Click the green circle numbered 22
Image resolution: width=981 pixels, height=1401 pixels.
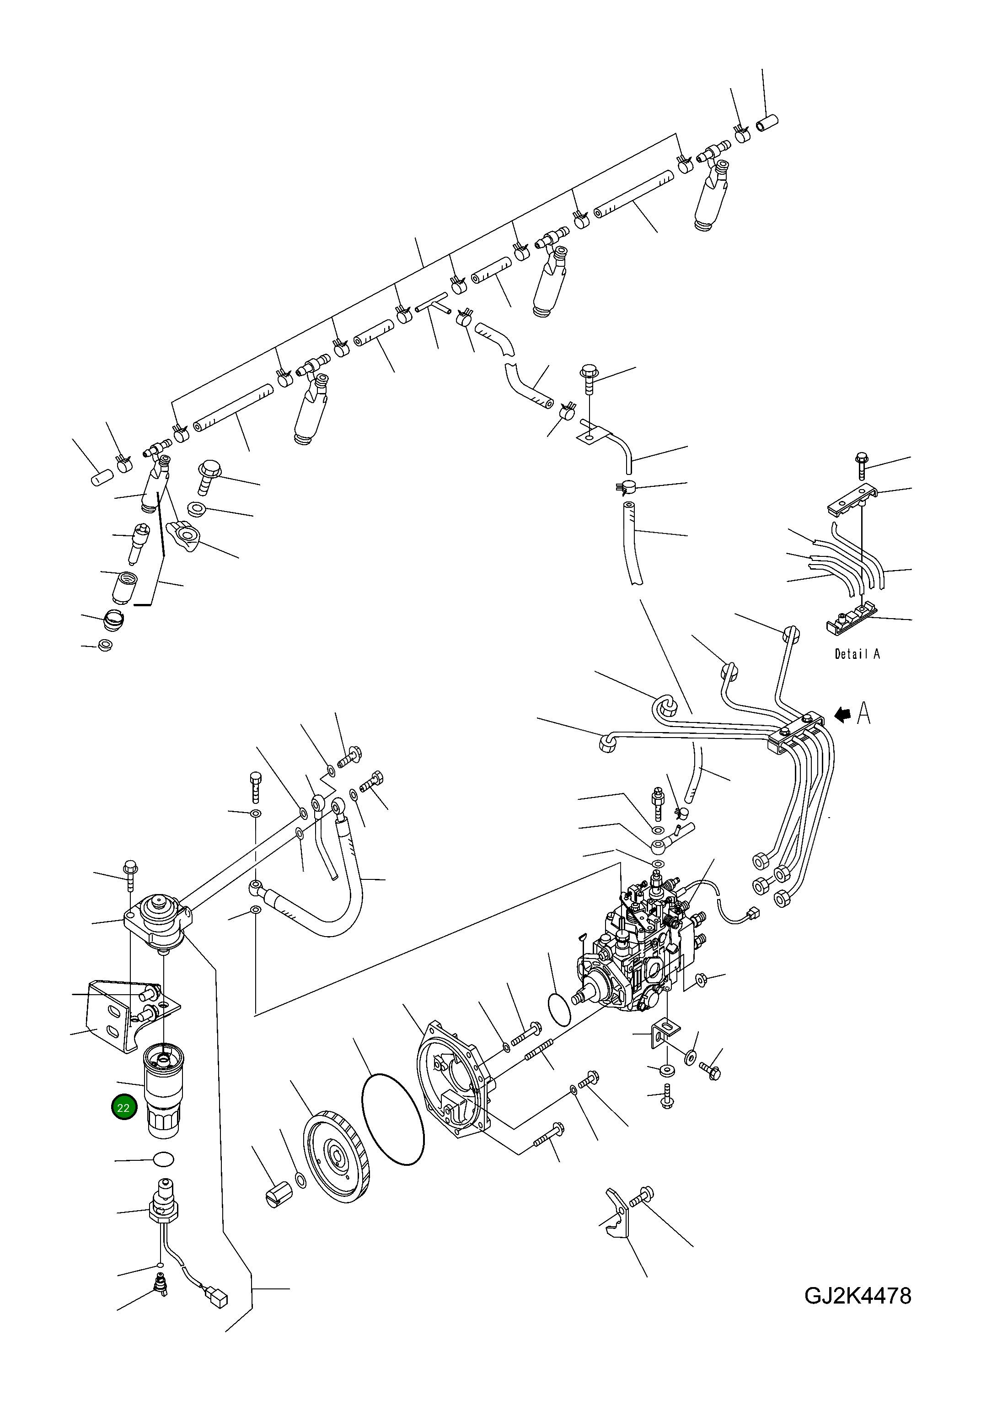pyautogui.click(x=124, y=1108)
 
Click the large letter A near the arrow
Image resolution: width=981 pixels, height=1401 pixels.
pyautogui.click(x=863, y=713)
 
